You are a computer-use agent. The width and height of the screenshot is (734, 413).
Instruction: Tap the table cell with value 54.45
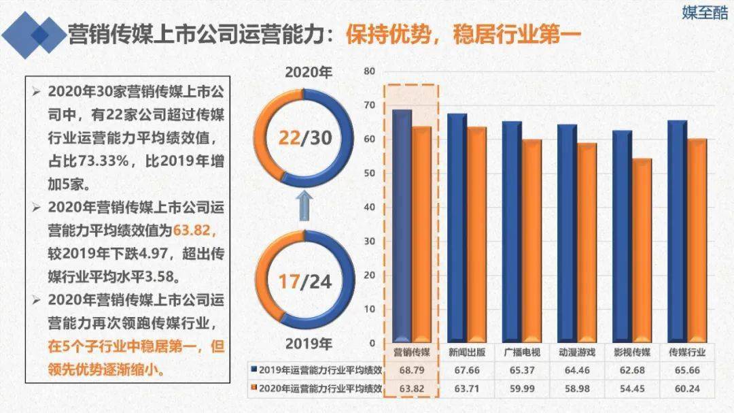631,389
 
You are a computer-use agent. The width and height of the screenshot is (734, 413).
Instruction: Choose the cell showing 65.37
521,370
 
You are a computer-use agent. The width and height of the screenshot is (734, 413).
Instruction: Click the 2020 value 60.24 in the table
686,389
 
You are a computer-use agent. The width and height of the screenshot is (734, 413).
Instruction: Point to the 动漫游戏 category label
576,352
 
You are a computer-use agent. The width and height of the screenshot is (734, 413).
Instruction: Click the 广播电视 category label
521,352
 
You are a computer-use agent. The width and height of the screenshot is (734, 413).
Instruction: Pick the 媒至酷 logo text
705,13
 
